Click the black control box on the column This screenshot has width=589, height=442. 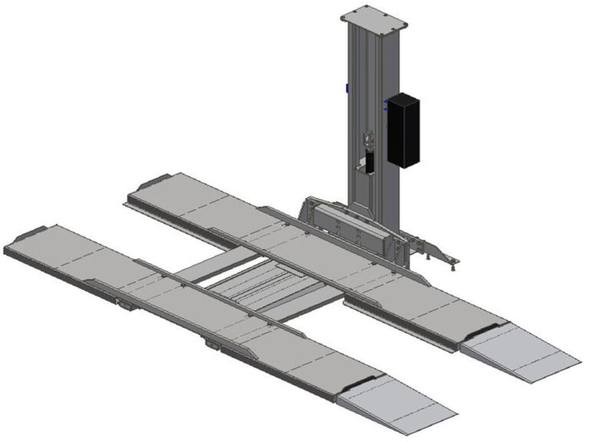[403, 130]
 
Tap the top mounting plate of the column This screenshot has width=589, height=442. [373, 15]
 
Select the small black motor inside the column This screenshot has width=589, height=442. [368, 162]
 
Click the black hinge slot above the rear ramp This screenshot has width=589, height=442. [484, 330]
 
